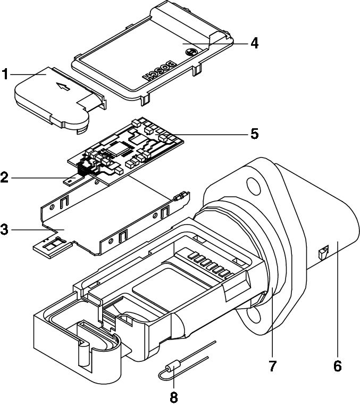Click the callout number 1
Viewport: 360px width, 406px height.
[5, 74]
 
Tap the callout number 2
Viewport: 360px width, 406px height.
[5, 177]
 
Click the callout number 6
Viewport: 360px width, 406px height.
[337, 366]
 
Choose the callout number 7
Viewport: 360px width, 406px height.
[273, 366]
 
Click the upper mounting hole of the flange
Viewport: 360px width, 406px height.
[256, 186]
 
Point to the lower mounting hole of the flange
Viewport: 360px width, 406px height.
[259, 316]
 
